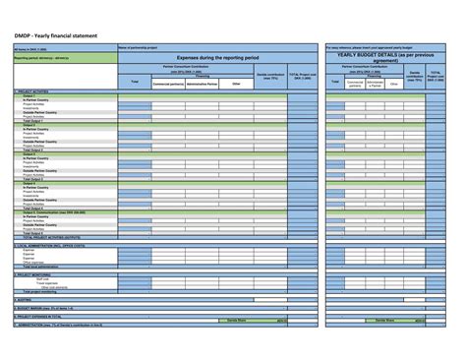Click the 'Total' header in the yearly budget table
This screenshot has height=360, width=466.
point(337,81)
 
